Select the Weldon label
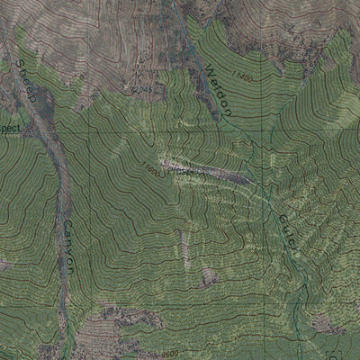[219, 89]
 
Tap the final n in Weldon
[229, 112]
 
